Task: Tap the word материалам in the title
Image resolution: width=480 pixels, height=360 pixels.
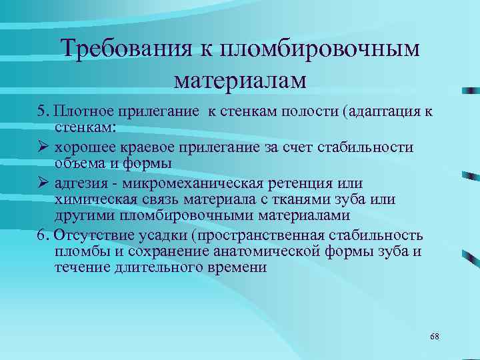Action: coord(240,81)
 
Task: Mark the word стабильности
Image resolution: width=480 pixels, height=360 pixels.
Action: coord(367,147)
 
